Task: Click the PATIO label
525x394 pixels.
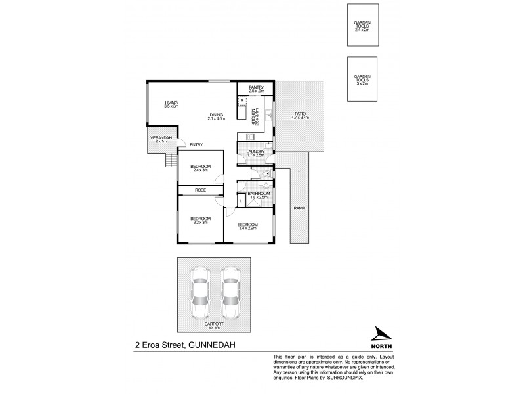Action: pyautogui.click(x=300, y=116)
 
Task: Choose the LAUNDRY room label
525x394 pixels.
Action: pyautogui.click(x=255, y=153)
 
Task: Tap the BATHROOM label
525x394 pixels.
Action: pyautogui.click(x=259, y=194)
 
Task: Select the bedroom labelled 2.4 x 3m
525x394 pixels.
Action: pyautogui.click(x=200, y=169)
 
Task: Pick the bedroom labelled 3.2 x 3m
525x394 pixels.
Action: pyautogui.click(x=199, y=220)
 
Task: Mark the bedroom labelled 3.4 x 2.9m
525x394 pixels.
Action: pyautogui.click(x=247, y=226)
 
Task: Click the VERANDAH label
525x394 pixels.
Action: pyautogui.click(x=161, y=139)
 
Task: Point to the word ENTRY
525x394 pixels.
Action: pyautogui.click(x=196, y=144)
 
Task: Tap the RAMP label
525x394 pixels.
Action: pyautogui.click(x=299, y=209)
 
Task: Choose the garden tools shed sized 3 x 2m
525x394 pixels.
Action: pyautogui.click(x=362, y=79)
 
